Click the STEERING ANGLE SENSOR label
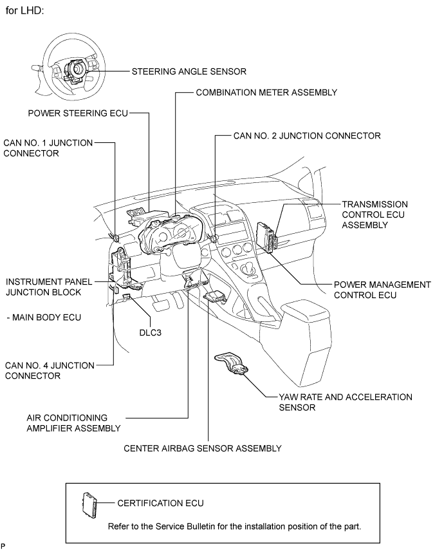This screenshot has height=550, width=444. [x=189, y=71]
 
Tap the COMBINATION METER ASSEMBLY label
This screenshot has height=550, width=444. [x=266, y=93]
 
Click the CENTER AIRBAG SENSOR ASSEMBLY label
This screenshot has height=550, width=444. [x=202, y=448]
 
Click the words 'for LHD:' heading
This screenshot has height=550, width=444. [x=24, y=11]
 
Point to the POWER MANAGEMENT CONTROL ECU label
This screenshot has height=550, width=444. [x=382, y=290]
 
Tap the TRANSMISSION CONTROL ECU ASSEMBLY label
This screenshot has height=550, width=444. [x=374, y=214]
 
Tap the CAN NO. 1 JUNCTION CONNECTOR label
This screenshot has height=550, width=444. [x=48, y=148]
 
